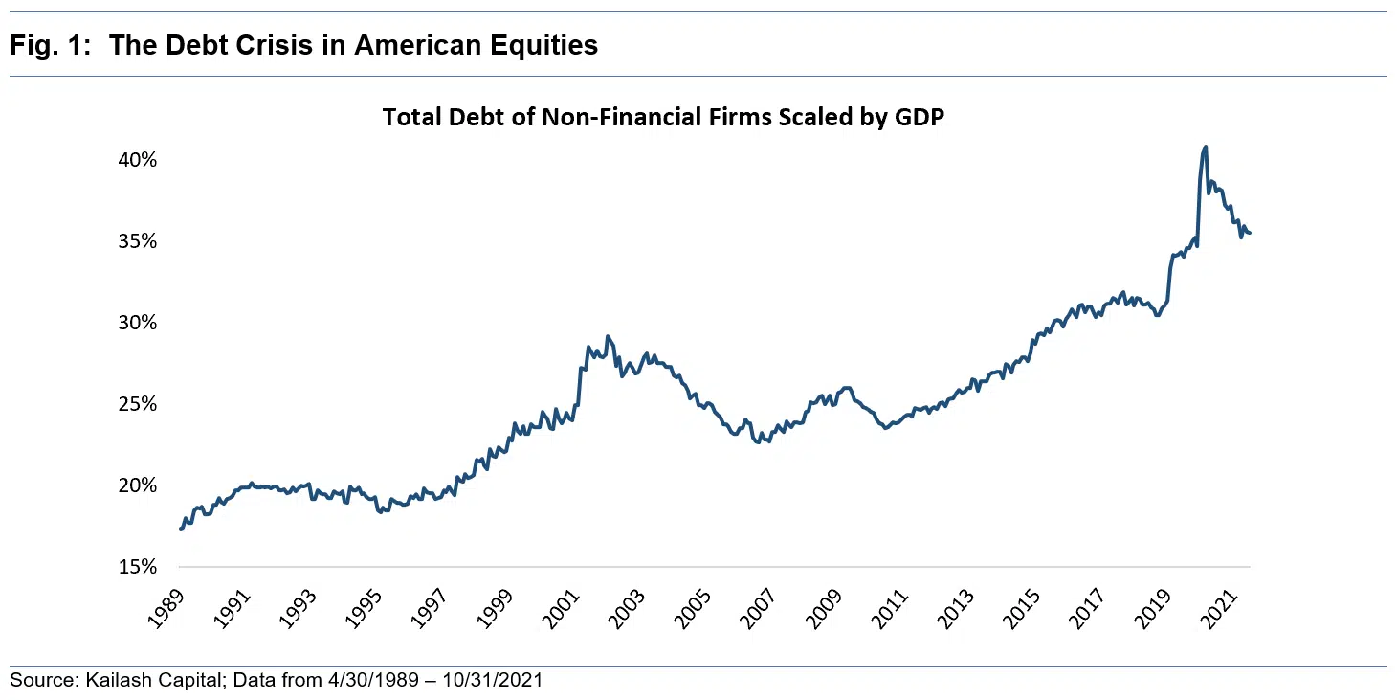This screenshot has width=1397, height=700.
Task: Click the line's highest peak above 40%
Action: pyautogui.click(x=1205, y=147)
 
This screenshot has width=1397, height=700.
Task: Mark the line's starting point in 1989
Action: pyautogui.click(x=181, y=529)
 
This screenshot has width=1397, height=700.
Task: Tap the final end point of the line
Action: pyautogui.click(x=1250, y=233)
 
